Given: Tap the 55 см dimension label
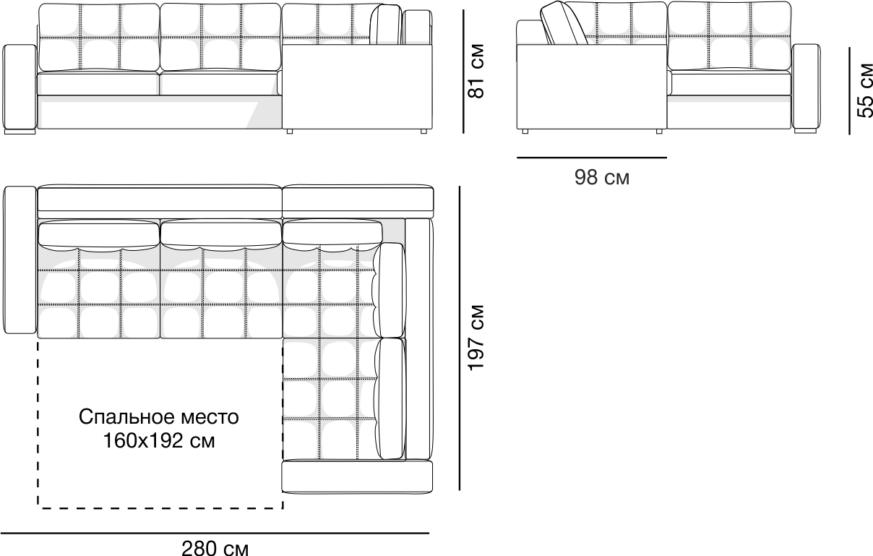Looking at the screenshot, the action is pos(864,90).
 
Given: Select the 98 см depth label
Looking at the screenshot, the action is pos(601,177).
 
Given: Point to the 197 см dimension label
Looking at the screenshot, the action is pos(476,338).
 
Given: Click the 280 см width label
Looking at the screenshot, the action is pos(215,549).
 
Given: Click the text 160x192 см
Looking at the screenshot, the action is pos(158,439).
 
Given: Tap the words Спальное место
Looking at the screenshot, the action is pos(158,417).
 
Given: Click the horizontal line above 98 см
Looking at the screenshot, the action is pos(591,157).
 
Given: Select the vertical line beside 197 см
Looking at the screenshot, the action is pos(460,338).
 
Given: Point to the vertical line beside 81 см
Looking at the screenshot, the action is pos(463,71).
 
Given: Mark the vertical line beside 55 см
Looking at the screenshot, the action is pos(851,90).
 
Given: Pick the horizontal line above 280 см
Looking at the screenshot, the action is pos(215,534).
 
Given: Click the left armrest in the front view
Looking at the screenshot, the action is pos(20,88).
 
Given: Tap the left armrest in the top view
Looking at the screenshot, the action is pos(20,260).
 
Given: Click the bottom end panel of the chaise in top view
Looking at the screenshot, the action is pos(356,476).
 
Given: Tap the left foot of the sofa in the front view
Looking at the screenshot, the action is pos(19,132).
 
